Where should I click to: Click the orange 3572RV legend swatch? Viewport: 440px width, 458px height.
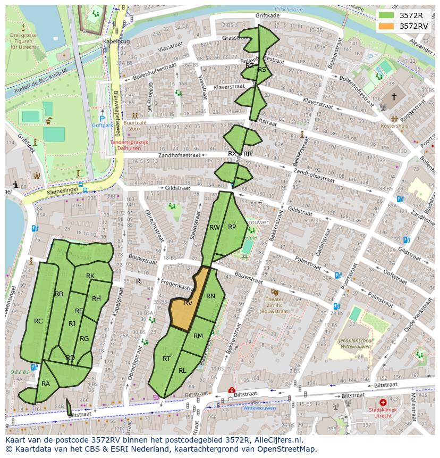[x=386, y=26]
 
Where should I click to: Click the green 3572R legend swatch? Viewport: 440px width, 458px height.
[x=386, y=15]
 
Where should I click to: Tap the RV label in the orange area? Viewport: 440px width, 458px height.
[x=188, y=303]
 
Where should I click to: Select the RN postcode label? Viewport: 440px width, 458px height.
[x=210, y=296]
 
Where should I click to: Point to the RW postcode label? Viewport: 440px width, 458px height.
[x=215, y=228]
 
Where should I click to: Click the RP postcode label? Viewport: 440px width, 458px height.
[x=232, y=227]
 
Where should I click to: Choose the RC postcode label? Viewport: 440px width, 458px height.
[x=38, y=321]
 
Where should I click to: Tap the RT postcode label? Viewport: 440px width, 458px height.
[x=166, y=359]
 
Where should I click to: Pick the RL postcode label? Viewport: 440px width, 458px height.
[x=182, y=371]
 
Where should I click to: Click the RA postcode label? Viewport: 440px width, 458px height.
[x=46, y=384]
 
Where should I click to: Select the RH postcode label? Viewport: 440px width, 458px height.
[x=96, y=299]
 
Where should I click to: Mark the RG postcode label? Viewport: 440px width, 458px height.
[x=84, y=339]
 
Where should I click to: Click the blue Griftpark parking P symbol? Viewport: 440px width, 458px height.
[x=102, y=119]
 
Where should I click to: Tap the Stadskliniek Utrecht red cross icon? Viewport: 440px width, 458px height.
[x=383, y=403]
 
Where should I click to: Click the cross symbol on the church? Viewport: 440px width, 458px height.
[x=394, y=96]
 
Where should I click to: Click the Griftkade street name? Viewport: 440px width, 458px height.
[x=267, y=16]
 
